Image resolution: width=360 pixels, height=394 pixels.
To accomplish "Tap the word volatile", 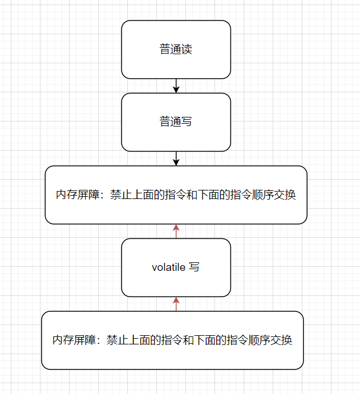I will point(168,267).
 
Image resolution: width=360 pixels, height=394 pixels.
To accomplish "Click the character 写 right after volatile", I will point(194,267).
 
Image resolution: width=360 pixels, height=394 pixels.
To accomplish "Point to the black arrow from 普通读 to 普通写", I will point(176,86).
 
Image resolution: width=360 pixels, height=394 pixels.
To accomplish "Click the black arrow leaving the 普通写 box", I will point(176,159).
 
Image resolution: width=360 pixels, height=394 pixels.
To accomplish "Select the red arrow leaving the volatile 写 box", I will point(176,231).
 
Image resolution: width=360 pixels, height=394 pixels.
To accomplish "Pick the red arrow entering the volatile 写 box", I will point(176,304).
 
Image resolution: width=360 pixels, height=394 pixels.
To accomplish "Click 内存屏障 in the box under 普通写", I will point(76,195).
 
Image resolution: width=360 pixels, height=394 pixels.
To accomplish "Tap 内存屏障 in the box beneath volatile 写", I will point(73,340).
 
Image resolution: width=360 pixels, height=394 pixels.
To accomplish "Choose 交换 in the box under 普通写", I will point(286,195).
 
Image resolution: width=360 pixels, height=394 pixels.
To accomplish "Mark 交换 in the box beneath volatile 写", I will point(282,340).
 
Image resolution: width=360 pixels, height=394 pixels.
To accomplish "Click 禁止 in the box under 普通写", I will point(120,195).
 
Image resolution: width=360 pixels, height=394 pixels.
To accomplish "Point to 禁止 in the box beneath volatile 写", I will point(117,340).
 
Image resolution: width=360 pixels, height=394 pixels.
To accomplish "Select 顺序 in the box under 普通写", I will point(264,195).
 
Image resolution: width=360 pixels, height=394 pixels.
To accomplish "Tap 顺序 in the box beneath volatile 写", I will point(261,340).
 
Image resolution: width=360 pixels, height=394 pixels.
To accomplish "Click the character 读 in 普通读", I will point(187,50).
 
